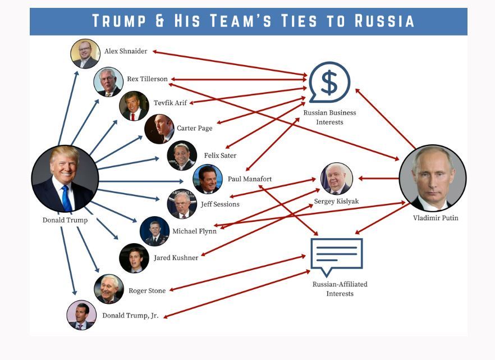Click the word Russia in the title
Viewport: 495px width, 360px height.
384,21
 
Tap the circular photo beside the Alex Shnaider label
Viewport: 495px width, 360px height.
85,53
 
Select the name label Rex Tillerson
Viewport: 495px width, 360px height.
147,79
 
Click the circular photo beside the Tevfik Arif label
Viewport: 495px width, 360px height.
134,106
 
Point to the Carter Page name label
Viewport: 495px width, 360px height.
195,128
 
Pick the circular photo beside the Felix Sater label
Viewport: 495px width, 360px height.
182,156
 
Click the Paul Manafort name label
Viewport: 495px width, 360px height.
250,179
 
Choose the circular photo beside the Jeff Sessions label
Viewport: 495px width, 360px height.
182,204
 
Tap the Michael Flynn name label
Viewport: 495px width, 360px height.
194,231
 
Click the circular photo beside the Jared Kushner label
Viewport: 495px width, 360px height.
134,258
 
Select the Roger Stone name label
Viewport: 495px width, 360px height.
147,291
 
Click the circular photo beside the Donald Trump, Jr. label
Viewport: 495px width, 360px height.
81,315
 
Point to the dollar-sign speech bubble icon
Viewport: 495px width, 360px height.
329,83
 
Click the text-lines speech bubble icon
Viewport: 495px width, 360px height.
337,256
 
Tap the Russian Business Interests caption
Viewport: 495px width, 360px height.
329,117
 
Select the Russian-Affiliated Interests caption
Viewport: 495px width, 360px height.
340,289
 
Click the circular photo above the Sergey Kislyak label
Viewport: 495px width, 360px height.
337,179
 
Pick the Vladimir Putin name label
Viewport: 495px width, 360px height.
436,218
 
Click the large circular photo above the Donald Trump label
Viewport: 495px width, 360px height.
65,179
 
